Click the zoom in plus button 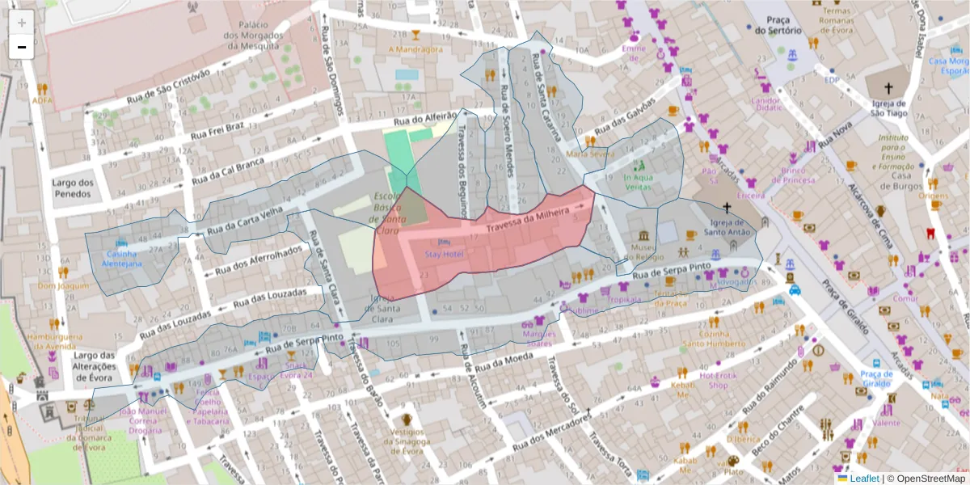22,22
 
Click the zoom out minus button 22,47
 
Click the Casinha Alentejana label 123,258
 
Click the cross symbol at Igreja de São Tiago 888,87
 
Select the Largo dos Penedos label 74,188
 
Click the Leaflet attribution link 863,479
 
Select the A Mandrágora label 415,48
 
